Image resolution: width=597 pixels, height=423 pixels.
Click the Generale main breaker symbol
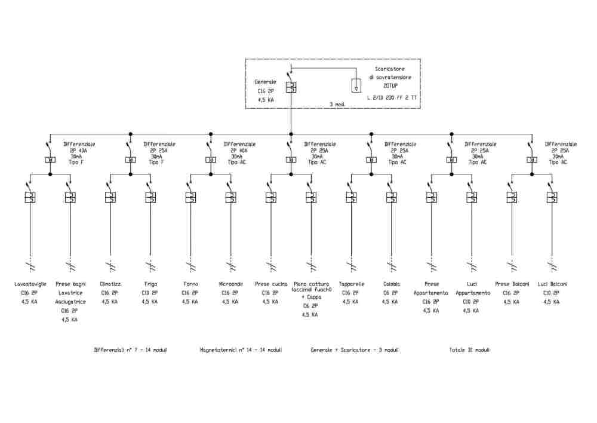(290, 87)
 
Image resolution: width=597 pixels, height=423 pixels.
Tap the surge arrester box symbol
(356, 86)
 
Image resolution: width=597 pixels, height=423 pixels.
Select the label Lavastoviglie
(30, 284)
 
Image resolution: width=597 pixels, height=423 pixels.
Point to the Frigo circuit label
(150, 284)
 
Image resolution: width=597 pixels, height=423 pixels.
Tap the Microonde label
(230, 284)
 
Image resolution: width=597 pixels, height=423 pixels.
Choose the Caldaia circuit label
(392, 284)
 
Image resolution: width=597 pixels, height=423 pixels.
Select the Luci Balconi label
(552, 284)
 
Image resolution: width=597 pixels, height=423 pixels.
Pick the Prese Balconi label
(512, 284)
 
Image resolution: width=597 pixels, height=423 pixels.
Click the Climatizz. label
(110, 284)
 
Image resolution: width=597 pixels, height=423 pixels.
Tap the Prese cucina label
(270, 284)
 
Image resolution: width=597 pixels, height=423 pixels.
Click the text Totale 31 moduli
(469, 350)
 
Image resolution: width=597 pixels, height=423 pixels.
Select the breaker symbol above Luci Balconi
(552, 198)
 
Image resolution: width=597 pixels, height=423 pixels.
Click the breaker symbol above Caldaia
(392, 198)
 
